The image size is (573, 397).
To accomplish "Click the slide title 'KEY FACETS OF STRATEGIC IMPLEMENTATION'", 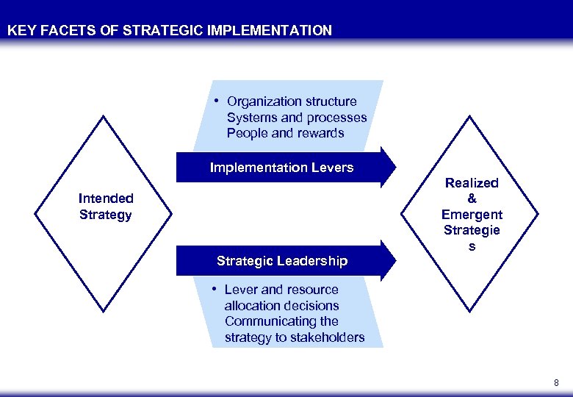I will [x=170, y=31].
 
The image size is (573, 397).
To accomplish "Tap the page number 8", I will [x=556, y=382].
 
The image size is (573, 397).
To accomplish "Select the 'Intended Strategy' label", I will [x=106, y=207].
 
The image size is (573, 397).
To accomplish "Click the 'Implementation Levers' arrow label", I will [x=281, y=168].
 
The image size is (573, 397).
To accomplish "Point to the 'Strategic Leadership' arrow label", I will [x=282, y=261].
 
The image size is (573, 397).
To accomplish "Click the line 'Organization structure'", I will [x=292, y=101].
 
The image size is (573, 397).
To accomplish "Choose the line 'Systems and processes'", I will [x=297, y=118].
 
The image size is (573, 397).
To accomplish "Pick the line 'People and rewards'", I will [x=285, y=133].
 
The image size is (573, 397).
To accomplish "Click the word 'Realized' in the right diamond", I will [x=472, y=183].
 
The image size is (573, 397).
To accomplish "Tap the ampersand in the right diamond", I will [x=472, y=198].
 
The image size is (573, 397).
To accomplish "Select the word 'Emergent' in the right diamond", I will [x=472, y=215].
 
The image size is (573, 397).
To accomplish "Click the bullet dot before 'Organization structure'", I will [x=217, y=100].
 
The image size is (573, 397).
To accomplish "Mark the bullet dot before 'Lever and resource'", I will [x=215, y=288].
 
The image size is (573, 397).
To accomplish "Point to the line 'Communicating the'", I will [x=281, y=321].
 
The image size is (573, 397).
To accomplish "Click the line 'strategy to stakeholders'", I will [x=294, y=337].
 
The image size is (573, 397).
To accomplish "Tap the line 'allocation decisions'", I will [x=281, y=305].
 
